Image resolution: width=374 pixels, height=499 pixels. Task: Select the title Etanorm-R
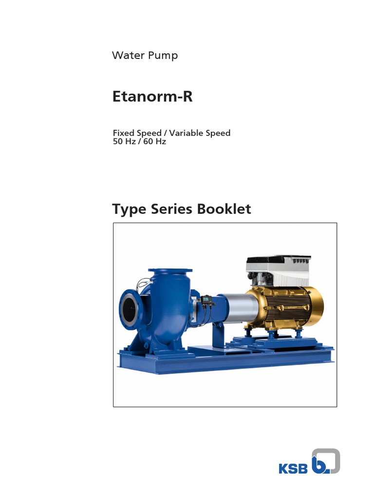152,96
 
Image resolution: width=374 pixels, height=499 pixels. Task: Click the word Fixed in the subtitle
124,133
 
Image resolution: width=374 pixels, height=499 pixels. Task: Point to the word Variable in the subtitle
187,133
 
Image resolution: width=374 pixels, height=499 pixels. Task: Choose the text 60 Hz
154,142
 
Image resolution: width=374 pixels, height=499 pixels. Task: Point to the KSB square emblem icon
325,461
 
